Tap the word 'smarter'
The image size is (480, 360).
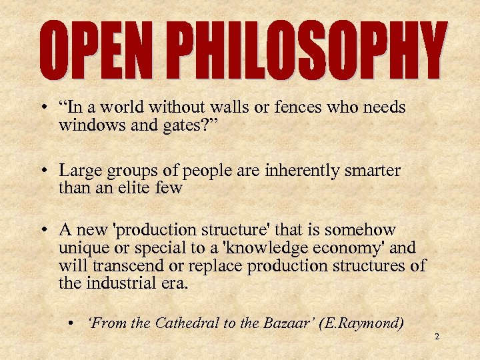[369, 171]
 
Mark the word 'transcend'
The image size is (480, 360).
[127, 265]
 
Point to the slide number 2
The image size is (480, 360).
[437, 337]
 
